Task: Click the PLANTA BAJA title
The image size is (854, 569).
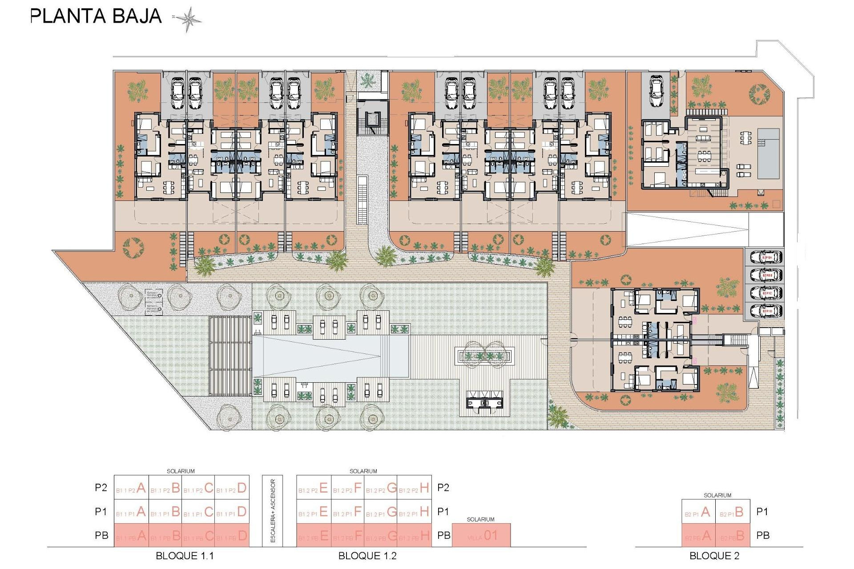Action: [x=96, y=16]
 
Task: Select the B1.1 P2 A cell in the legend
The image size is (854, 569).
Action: [x=131, y=488]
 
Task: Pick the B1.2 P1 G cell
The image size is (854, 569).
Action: [x=381, y=512]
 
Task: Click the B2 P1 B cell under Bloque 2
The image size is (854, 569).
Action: [x=732, y=512]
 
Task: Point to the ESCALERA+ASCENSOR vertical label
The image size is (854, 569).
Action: [x=273, y=511]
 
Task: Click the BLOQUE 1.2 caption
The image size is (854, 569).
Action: [x=367, y=556]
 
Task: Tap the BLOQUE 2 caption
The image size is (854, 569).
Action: [x=714, y=556]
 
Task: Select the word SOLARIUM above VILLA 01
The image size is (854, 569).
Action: [x=480, y=519]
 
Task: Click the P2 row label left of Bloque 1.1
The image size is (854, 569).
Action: [x=101, y=488]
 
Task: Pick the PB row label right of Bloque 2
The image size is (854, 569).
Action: [x=763, y=535]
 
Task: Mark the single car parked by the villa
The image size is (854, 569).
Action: [x=657, y=91]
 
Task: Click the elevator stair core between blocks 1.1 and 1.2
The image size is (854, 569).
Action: [x=371, y=120]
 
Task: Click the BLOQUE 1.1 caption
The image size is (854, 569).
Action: [x=185, y=556]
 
